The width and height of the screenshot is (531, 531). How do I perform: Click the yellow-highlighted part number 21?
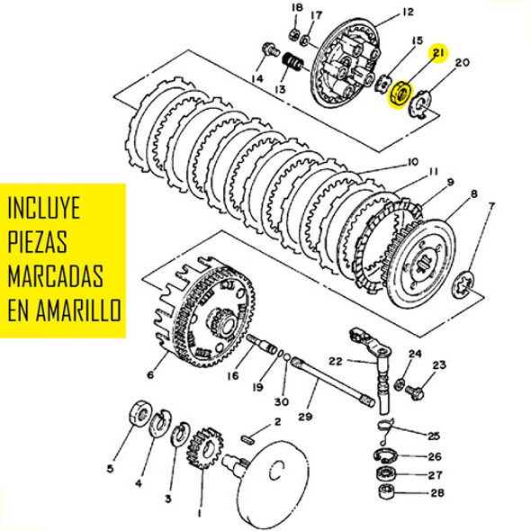click(x=439, y=53)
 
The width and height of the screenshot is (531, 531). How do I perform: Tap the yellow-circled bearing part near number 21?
click(x=398, y=92)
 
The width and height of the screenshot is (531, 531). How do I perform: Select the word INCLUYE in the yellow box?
click(x=43, y=209)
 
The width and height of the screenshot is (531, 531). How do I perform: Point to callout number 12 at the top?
click(x=408, y=12)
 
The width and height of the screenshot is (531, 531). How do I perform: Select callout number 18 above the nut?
click(x=296, y=8)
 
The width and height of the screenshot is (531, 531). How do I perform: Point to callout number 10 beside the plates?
click(x=413, y=163)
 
